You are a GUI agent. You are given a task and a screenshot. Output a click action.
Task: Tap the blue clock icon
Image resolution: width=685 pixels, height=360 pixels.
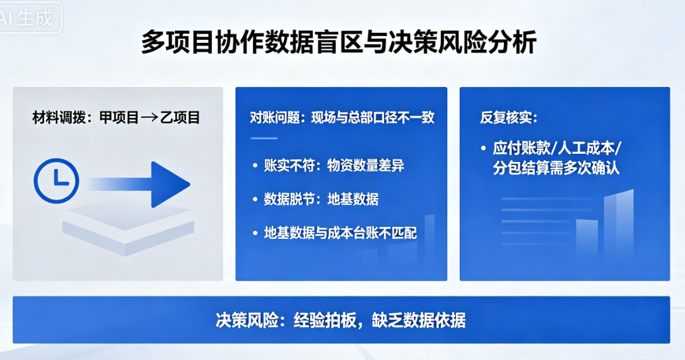pos(56,180)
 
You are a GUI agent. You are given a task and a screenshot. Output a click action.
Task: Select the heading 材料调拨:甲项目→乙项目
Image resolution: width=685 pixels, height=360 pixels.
pos(116,117)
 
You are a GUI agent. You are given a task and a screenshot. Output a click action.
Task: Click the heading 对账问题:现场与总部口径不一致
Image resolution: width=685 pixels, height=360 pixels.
pos(342,117)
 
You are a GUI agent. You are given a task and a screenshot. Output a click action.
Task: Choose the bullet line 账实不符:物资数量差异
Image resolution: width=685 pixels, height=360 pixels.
pos(334,166)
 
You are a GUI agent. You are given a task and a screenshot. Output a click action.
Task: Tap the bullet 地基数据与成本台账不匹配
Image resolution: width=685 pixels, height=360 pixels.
pos(340,233)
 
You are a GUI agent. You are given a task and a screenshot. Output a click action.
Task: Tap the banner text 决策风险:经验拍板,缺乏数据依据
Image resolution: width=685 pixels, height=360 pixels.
pos(341,320)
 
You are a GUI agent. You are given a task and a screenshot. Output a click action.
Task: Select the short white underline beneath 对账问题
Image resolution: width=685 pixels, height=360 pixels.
pos(264,137)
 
